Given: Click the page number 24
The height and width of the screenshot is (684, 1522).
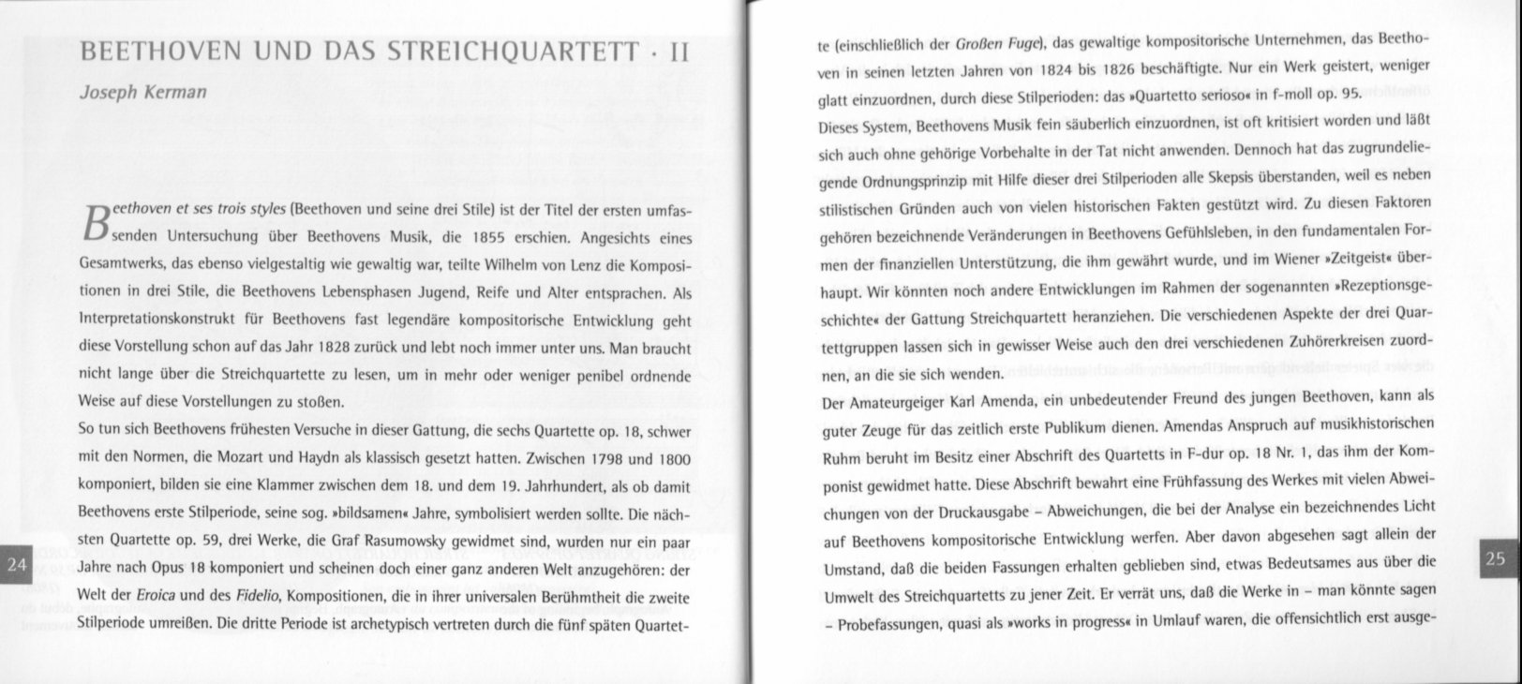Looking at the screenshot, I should [x=16, y=564].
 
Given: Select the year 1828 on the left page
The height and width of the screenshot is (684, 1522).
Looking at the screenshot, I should [x=335, y=348].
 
